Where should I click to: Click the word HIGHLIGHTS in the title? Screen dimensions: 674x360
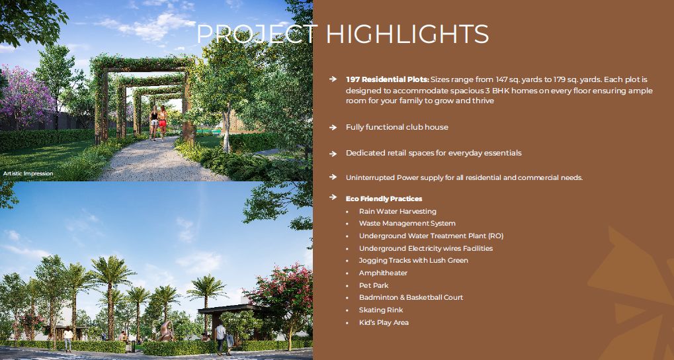(407, 34)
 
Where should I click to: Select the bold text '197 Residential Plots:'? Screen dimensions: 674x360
(388, 79)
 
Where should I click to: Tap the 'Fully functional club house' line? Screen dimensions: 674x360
(397, 127)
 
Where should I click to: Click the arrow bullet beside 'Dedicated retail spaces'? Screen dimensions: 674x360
(333, 154)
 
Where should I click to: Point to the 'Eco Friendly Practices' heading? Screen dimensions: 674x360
(384, 199)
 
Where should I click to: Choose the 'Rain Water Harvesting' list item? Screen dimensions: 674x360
(398, 211)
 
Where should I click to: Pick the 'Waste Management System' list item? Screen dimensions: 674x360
(407, 223)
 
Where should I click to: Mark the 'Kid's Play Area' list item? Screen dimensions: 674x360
(384, 322)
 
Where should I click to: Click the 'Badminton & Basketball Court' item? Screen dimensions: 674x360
(411, 297)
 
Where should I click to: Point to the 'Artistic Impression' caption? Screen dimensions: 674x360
(28, 174)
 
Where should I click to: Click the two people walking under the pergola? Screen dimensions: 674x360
(158, 123)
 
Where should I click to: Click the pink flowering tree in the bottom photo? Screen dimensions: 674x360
(282, 292)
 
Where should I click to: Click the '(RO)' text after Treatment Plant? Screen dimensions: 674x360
(495, 236)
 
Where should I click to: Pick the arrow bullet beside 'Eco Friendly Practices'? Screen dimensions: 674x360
(333, 197)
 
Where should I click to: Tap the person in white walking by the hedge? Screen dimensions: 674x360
(220, 339)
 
